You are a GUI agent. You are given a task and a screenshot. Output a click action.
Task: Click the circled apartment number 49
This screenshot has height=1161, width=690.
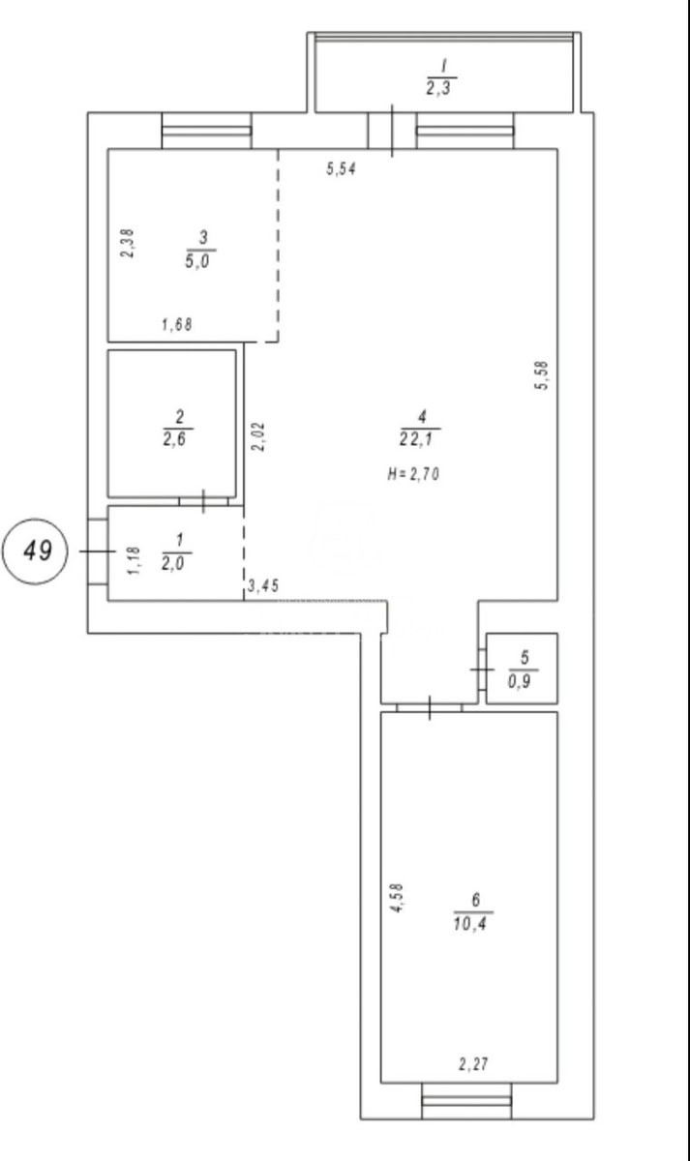point(35,551)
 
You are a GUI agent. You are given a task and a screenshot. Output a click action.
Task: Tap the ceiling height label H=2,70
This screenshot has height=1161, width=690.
point(413,474)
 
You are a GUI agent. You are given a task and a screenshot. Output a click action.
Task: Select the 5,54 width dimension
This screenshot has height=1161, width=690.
point(341,169)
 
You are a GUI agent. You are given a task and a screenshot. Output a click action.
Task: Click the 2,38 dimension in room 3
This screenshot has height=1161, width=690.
point(128,243)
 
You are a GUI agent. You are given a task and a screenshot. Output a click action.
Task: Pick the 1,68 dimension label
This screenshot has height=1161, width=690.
point(177,324)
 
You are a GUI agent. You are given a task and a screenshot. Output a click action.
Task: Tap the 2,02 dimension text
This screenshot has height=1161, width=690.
point(258,436)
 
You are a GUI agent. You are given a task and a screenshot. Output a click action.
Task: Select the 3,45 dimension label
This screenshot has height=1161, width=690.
point(263,585)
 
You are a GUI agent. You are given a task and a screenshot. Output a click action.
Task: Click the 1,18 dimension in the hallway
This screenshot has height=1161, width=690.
point(134,560)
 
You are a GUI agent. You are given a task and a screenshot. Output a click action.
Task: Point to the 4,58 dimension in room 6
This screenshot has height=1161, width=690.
point(397,898)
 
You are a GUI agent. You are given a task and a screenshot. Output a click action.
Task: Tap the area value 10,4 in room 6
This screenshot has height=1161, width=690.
point(470,923)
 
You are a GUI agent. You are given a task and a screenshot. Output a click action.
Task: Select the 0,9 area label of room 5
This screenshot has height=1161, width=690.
point(520,681)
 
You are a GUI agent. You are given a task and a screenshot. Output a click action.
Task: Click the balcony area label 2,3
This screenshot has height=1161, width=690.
point(439,89)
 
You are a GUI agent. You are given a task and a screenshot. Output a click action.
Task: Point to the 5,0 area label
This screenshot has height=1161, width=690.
point(197,260)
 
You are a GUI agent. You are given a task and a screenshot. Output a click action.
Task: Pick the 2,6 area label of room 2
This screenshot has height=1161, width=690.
point(175,440)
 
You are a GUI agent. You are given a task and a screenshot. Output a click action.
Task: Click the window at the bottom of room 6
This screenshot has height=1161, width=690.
point(466,1100)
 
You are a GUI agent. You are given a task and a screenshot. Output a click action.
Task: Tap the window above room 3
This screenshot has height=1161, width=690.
point(207,131)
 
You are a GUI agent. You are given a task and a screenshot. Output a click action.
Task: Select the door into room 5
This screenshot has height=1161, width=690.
point(482,670)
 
